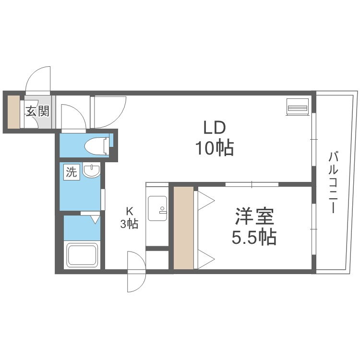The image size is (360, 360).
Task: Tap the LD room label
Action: pos(214,128)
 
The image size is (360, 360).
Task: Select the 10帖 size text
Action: pos(214,149)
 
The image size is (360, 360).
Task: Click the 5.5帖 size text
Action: pos(254,238)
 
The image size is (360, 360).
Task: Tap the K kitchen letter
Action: pos(129,210)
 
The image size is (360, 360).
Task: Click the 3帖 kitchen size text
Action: pos(129,223)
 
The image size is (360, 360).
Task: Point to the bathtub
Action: pos(82,255)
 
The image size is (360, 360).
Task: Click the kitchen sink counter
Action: pos(157,209)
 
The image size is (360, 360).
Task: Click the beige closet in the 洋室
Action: pos(184,228)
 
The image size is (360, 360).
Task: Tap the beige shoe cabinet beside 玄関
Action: pos(13,112)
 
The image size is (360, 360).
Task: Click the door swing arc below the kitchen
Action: pos(136,271)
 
